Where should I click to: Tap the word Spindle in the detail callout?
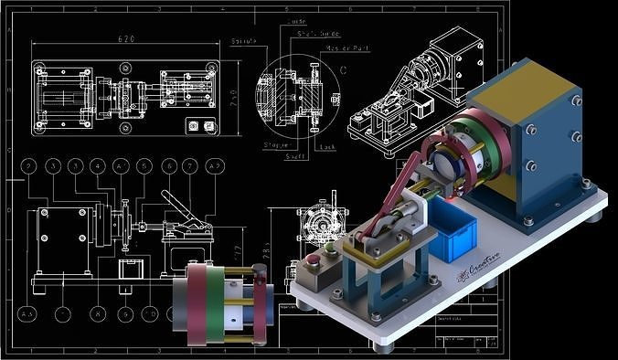pos(244,42)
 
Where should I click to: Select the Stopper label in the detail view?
pos(277,144)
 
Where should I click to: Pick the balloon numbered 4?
pos(98,166)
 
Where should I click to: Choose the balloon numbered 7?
pos(189,166)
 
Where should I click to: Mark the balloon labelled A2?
pos(215,166)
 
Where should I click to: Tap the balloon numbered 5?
pos(144,166)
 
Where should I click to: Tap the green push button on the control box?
pos(327,247)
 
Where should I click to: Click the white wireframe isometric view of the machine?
pos(411,91)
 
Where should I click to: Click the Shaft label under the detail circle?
pos(299,156)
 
